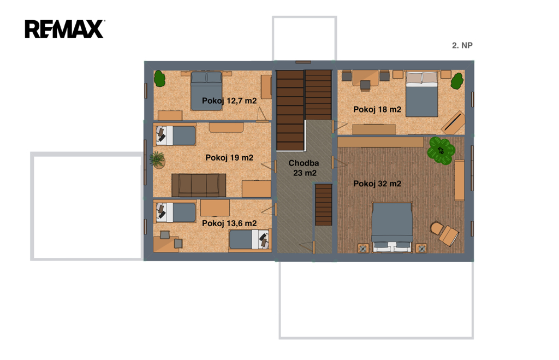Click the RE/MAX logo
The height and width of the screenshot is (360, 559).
click(x=64, y=29)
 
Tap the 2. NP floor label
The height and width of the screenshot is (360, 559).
click(x=462, y=45)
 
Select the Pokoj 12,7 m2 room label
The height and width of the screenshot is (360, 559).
click(x=229, y=101)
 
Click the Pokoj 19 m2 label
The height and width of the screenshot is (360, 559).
click(x=229, y=157)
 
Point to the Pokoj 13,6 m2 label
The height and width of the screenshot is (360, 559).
click(x=229, y=223)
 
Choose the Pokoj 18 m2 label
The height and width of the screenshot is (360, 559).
click(x=377, y=110)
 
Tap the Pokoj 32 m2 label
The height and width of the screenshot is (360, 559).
click(x=377, y=184)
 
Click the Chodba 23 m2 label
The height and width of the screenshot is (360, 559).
click(x=304, y=168)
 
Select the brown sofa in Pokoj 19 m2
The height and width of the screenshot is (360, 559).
click(x=199, y=185)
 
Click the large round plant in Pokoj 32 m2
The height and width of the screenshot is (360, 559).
click(x=441, y=151)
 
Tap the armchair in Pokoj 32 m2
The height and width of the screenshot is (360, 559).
click(x=444, y=233)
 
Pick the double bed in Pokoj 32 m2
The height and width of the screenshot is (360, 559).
click(x=392, y=227)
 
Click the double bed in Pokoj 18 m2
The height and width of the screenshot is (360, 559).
click(x=422, y=94)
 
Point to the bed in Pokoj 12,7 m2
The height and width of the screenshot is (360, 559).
click(x=206, y=91)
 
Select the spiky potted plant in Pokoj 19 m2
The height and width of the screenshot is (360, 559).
click(x=157, y=160)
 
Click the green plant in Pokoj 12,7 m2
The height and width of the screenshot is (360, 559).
click(x=160, y=79)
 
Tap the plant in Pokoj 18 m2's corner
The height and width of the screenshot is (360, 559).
click(x=457, y=81)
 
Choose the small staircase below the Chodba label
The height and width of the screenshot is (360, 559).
click(x=323, y=205)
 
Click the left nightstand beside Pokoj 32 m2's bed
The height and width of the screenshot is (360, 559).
click(x=363, y=248)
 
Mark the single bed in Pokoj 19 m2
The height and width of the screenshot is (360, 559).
click(x=175, y=135)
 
